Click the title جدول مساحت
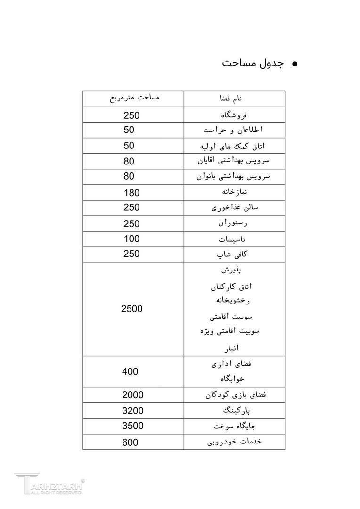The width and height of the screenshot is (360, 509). click(x=253, y=64)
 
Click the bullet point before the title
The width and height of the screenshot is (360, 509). click(x=295, y=64)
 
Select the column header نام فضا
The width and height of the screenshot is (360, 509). click(x=234, y=99)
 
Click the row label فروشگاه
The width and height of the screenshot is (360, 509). click(x=234, y=115)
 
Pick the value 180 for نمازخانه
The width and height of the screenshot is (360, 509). click(x=131, y=192)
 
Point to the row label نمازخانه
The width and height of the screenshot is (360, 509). click(x=234, y=192)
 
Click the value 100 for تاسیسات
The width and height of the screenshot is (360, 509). click(x=131, y=238)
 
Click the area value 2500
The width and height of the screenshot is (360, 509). click(x=131, y=309)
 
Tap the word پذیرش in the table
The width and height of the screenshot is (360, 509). click(x=232, y=270)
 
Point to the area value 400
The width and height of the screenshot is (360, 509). click(x=130, y=371)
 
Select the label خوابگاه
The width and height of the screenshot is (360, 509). click(x=232, y=378)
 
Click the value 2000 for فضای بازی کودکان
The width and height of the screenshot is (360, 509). click(x=132, y=395)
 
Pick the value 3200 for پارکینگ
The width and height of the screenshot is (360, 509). click(x=132, y=410)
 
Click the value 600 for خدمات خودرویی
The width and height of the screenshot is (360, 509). click(x=130, y=442)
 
